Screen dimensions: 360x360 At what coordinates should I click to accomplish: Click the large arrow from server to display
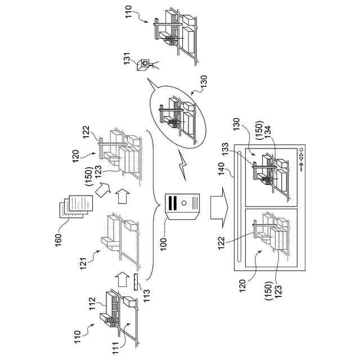[217, 208]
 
